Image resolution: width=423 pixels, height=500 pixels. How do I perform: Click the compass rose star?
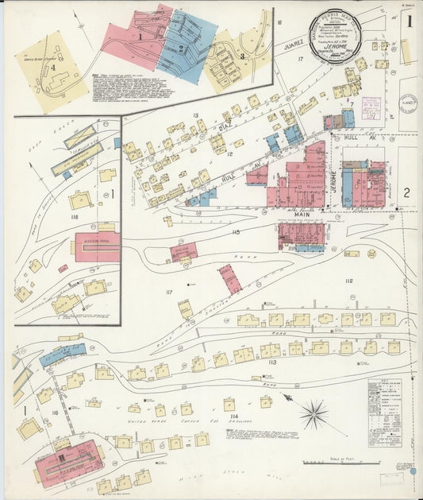(314, 413)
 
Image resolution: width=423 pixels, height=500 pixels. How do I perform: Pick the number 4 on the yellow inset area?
(53, 69)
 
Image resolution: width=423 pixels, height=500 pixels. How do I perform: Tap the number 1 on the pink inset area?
(140, 36)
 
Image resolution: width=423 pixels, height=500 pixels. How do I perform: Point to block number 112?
(348, 281)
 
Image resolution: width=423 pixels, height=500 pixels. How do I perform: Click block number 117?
(169, 293)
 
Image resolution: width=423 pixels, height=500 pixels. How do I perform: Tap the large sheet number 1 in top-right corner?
(409, 22)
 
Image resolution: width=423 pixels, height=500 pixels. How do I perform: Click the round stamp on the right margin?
(408, 103)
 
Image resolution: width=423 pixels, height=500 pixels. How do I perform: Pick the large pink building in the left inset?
(97, 247)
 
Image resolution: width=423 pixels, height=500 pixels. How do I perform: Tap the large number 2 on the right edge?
(406, 192)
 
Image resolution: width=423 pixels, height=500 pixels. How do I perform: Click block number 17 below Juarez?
(301, 60)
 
